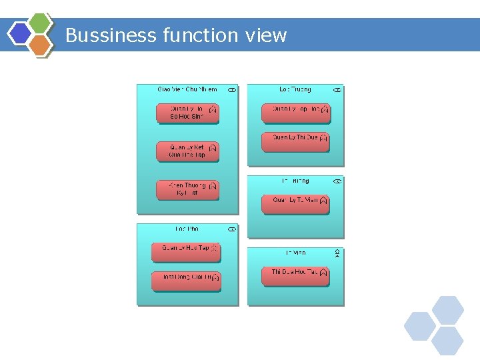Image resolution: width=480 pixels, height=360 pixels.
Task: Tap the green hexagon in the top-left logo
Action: click(x=41, y=23)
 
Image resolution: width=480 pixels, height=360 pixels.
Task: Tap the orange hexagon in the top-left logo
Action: click(x=41, y=45)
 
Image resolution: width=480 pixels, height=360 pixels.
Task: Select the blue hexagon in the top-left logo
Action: click(x=21, y=33)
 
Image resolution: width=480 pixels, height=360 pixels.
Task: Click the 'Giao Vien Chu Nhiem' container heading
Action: click(x=187, y=89)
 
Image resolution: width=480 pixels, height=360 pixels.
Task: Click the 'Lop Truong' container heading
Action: click(x=295, y=89)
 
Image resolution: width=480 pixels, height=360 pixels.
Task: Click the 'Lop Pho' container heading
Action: click(x=187, y=229)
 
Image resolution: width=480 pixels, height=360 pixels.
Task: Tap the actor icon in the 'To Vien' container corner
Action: click(x=337, y=254)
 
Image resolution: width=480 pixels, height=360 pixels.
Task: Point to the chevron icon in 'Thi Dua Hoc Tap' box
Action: click(x=323, y=273)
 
